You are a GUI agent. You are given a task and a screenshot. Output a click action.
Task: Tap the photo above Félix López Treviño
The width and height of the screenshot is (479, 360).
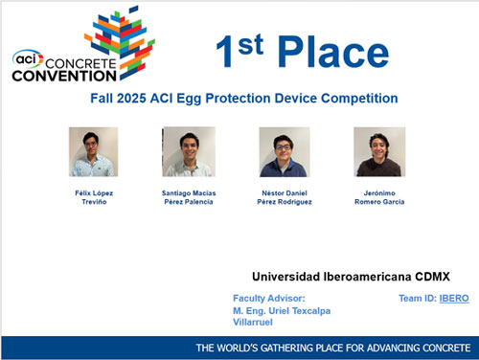93,152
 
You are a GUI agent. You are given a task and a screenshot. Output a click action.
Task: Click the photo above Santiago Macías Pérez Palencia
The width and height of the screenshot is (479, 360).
189,152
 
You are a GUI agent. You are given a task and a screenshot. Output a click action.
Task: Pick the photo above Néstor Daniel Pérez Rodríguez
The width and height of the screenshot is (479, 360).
284,152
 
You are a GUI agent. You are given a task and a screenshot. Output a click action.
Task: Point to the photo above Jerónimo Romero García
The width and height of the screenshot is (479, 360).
379,152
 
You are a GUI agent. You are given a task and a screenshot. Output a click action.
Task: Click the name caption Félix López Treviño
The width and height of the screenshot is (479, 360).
93,197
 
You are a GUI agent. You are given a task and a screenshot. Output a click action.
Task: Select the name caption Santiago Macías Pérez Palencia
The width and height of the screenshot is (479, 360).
189,197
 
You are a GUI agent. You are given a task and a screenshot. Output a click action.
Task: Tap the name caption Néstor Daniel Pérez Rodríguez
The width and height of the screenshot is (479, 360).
284,197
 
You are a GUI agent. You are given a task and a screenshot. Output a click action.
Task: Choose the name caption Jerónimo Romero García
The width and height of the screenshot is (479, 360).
379,197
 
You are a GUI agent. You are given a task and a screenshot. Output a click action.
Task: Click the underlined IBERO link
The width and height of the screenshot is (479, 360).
454,299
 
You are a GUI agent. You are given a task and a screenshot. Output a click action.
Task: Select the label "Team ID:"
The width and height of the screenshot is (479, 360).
418,299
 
